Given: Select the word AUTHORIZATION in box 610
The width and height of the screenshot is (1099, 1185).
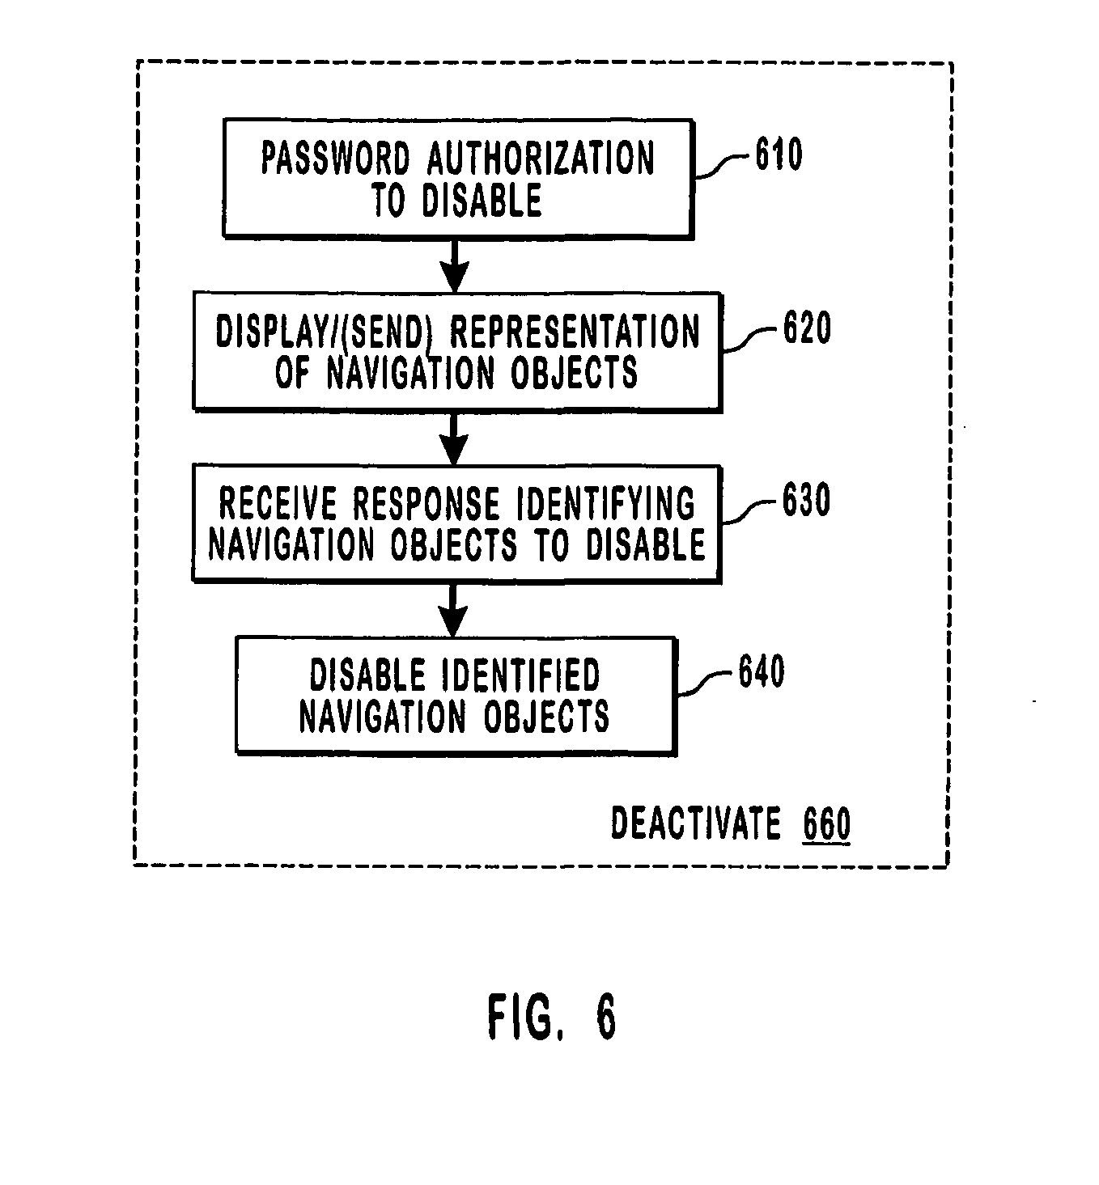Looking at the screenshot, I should (x=541, y=159).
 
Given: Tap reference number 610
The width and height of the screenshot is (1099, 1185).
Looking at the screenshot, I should (x=779, y=154).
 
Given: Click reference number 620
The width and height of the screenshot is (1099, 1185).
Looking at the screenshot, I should (x=806, y=328).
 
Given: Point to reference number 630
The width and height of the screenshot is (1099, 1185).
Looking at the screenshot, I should (x=806, y=501).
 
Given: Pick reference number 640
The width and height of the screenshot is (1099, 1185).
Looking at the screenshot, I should (x=761, y=672).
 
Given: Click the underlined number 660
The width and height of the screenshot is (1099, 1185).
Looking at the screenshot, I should (x=826, y=825).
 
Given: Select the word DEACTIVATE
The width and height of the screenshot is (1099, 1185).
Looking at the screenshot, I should (x=695, y=824).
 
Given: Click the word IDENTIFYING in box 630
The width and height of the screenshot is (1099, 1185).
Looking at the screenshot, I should (x=605, y=505).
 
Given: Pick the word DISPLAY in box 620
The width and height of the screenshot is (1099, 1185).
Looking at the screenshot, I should (x=273, y=332).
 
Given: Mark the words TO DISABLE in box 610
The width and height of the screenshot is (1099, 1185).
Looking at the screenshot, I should (x=456, y=200).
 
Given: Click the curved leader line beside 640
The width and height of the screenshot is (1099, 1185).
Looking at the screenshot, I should (x=704, y=683).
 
